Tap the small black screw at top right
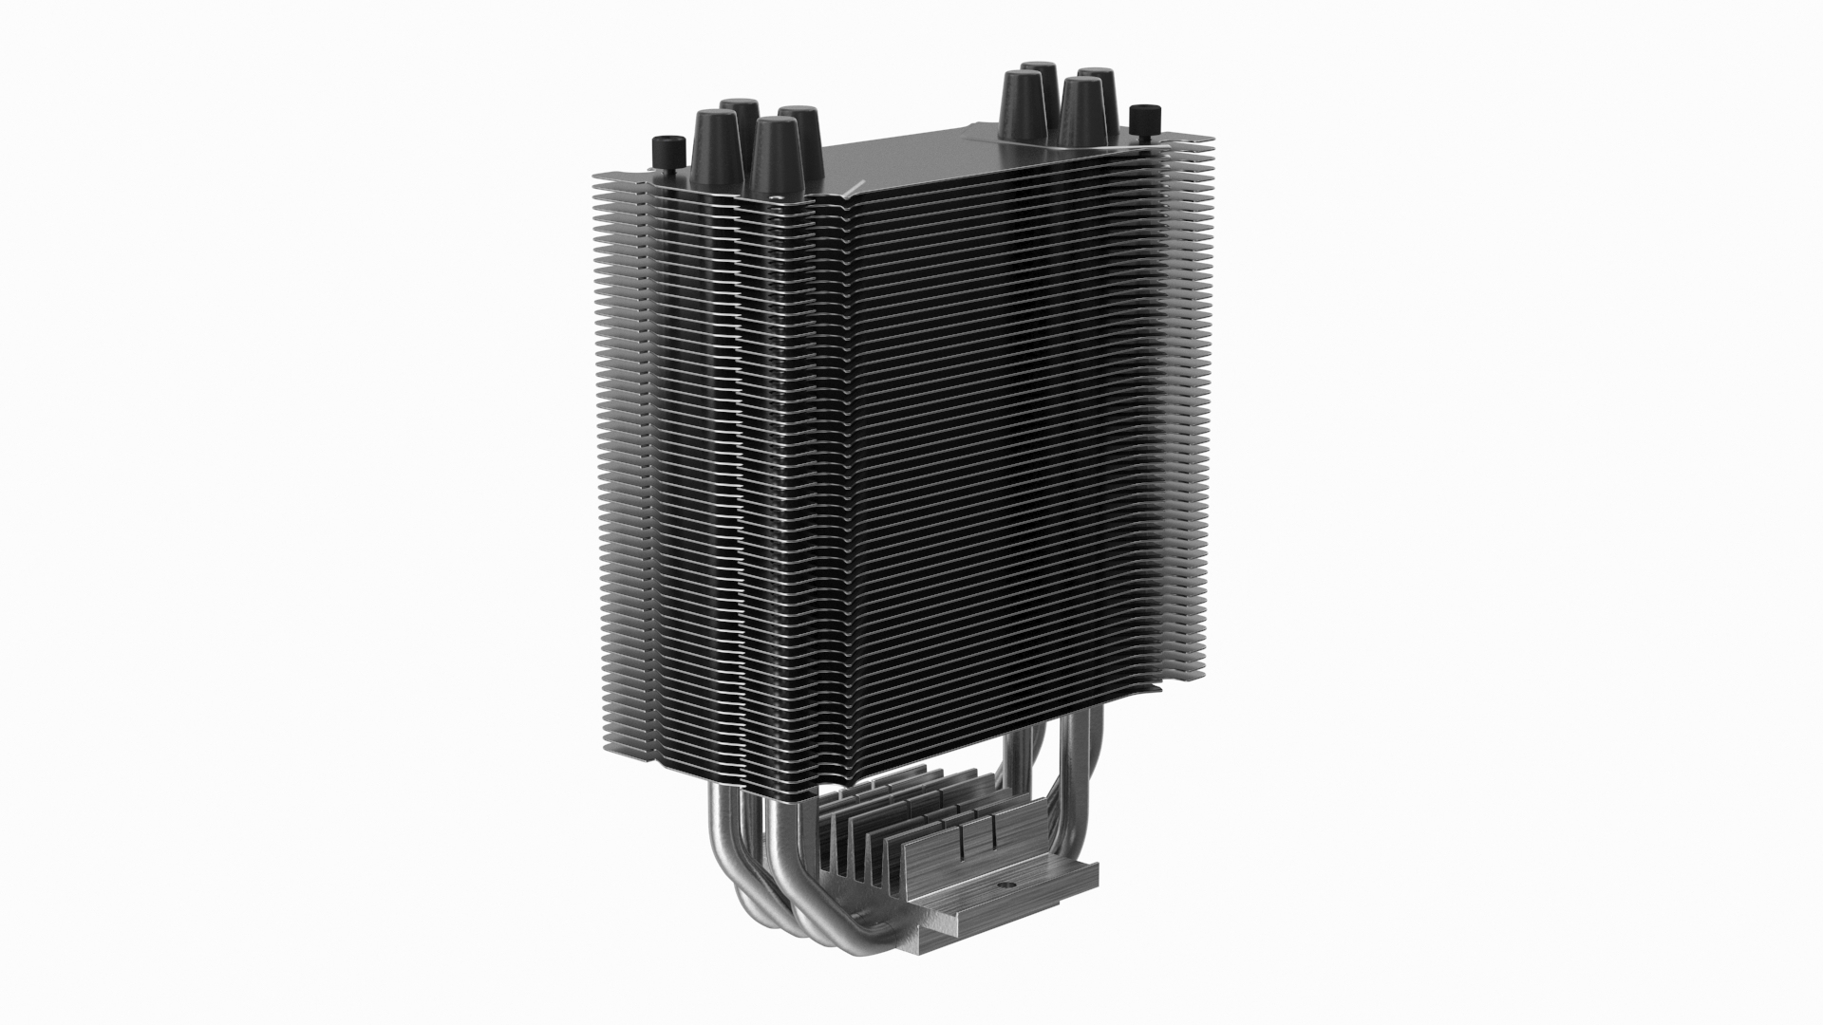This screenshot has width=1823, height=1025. [x=1148, y=118]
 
